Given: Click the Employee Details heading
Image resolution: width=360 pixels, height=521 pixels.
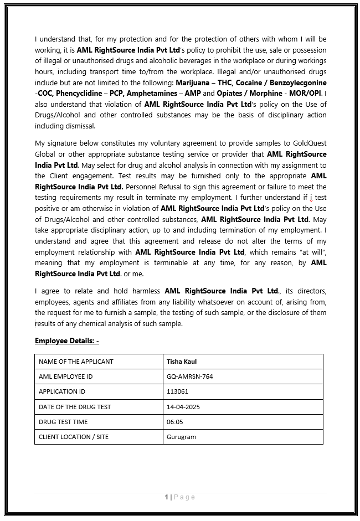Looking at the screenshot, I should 66,341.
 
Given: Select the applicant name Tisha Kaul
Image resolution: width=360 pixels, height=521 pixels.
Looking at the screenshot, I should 182,362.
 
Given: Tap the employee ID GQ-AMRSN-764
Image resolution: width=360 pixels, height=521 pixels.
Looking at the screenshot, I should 189,376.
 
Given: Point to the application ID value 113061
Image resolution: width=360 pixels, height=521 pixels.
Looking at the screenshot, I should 177,391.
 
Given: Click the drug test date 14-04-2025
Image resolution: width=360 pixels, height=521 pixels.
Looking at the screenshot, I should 183,407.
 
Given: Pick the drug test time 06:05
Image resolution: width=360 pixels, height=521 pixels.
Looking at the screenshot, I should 174,422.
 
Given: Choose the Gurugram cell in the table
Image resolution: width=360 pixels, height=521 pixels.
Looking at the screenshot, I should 181,437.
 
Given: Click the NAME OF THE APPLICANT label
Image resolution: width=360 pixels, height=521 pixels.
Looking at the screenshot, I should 76,362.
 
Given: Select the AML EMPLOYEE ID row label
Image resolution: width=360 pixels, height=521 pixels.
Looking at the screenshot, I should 65,376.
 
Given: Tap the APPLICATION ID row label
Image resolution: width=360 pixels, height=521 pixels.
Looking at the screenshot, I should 62,391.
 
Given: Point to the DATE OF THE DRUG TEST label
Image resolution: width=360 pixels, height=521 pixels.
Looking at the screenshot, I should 75,407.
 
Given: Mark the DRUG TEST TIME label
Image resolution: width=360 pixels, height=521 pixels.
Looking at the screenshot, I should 64,422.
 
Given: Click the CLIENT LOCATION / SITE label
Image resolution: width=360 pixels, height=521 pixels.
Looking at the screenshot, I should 74,437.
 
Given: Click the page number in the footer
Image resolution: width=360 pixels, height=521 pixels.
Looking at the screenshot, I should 166,497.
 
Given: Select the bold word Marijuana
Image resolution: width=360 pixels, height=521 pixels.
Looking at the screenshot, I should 194,82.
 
